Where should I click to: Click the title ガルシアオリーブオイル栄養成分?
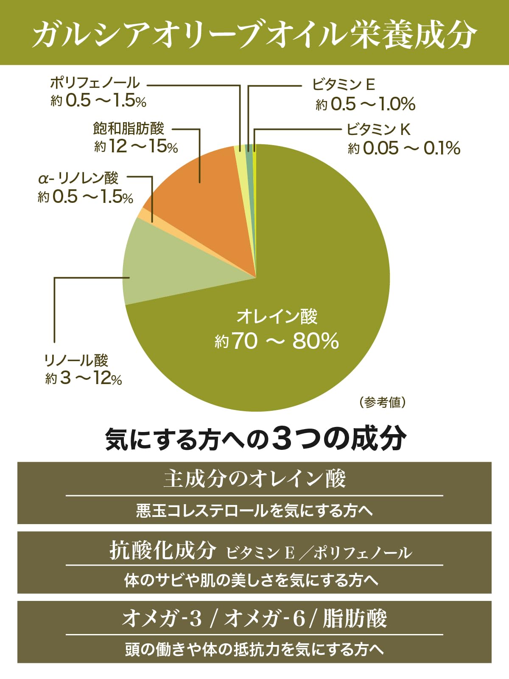255,33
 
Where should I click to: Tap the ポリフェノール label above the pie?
95,82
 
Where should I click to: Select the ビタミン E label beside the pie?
344,84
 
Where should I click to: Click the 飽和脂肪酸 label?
129,128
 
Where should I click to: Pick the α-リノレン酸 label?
78,178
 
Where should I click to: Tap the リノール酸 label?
76,360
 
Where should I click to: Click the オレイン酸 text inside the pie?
277,317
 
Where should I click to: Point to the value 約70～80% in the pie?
277,341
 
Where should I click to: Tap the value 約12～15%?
136,147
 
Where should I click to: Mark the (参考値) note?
383,402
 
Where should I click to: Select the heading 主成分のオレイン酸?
255,479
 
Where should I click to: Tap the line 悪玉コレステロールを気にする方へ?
255,511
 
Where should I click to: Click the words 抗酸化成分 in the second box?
163,550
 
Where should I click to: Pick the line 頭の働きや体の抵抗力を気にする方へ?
255,649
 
